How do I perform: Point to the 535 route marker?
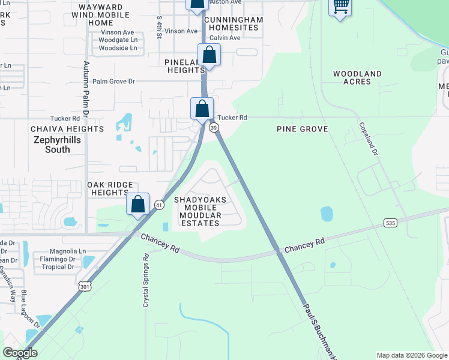(x=391, y=223)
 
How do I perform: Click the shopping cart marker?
(x=340, y=7)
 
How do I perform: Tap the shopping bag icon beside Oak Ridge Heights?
(x=138, y=204)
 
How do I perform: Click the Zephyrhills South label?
(x=58, y=144)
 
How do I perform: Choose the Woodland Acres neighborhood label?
(x=358, y=77)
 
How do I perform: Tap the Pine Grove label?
(x=302, y=129)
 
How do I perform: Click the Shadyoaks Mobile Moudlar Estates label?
(x=197, y=211)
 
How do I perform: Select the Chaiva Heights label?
(x=67, y=129)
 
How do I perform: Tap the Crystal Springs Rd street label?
(x=145, y=280)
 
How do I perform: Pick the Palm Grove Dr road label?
(x=114, y=81)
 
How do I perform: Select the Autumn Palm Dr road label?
(x=86, y=88)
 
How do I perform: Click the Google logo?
(x=20, y=353)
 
